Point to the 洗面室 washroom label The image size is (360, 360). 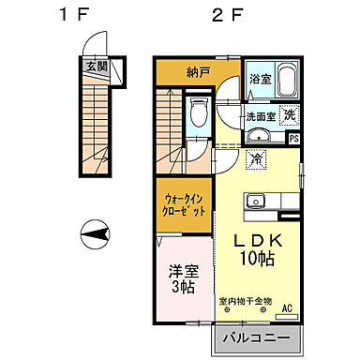pyautogui.click(x=261, y=116)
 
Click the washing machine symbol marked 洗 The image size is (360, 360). pyautogui.click(x=291, y=115)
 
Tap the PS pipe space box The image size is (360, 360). pyautogui.click(x=294, y=139)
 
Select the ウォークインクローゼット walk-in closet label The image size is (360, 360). pyautogui.click(x=185, y=204)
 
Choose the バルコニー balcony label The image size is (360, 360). pyautogui.click(x=263, y=337)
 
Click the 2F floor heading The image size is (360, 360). pyautogui.click(x=222, y=15)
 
